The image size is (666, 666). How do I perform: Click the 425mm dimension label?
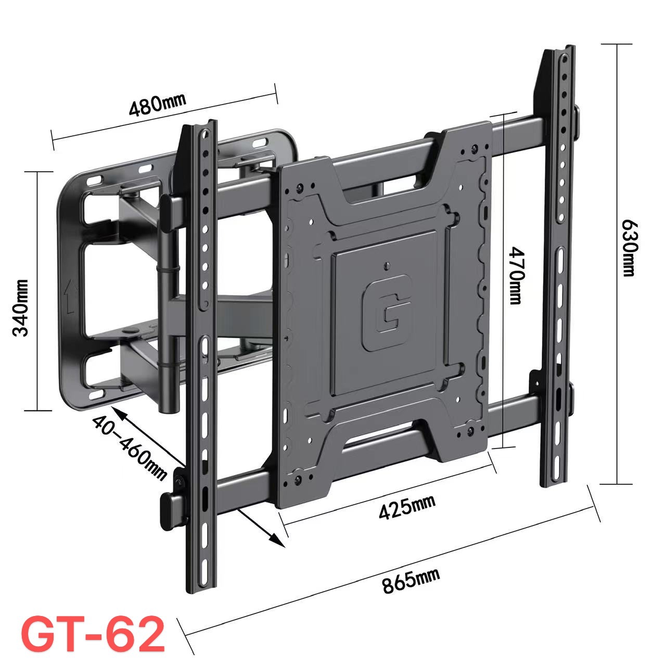(407, 507)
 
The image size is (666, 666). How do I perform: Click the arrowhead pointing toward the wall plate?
(116, 411)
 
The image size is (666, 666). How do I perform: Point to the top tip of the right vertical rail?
(559, 50)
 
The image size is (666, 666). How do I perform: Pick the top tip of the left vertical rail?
(198, 125)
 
